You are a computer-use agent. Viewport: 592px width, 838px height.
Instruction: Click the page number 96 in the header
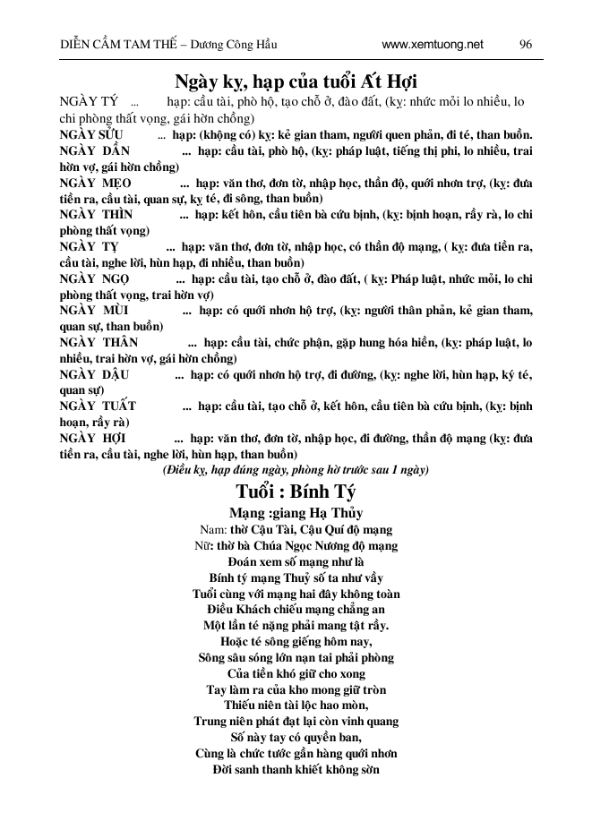(x=526, y=43)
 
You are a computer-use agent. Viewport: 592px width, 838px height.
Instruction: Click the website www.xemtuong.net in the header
(x=432, y=43)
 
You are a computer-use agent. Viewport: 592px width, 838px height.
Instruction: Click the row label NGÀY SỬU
(x=91, y=135)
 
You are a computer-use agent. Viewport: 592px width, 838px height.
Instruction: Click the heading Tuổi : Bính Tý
(x=296, y=492)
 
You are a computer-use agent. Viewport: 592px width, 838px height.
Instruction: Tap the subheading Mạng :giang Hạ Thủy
(x=296, y=514)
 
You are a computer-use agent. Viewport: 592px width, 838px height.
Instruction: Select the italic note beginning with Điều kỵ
(x=296, y=469)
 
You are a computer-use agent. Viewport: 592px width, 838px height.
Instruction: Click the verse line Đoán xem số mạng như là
(x=296, y=561)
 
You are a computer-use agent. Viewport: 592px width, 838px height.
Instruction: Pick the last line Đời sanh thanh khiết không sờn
(x=296, y=769)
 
